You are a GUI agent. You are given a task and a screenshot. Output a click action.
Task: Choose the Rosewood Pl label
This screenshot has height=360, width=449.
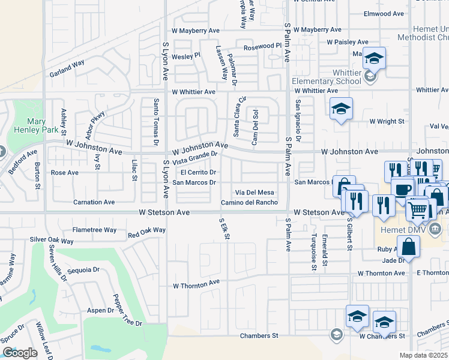point(262,46)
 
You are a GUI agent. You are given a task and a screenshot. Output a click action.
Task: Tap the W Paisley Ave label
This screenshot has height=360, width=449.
point(346,42)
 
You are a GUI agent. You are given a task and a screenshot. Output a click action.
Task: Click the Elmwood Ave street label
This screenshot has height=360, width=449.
point(386,14)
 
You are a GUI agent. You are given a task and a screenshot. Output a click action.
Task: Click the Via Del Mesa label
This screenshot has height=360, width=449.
point(255,192)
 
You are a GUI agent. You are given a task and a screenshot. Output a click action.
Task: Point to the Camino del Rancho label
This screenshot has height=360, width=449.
point(249,203)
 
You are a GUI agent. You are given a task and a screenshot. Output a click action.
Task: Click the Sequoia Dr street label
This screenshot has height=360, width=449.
point(83,270)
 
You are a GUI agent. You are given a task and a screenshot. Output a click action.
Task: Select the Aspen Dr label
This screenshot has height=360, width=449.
point(100,310)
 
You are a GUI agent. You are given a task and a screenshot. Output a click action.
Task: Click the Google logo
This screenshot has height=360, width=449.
point(20,353)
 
